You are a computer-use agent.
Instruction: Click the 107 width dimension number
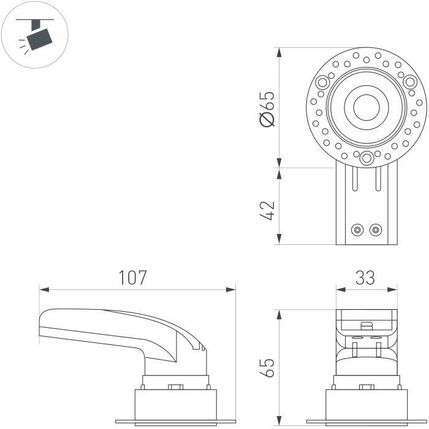[x=132, y=277]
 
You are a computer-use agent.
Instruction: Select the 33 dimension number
[x=365, y=277]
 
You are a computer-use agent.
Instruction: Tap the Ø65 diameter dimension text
[x=267, y=107]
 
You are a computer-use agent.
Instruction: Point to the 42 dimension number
[x=267, y=209]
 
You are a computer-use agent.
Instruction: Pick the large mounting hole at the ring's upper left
[x=323, y=82]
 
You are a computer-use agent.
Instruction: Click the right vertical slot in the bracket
[x=378, y=181]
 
